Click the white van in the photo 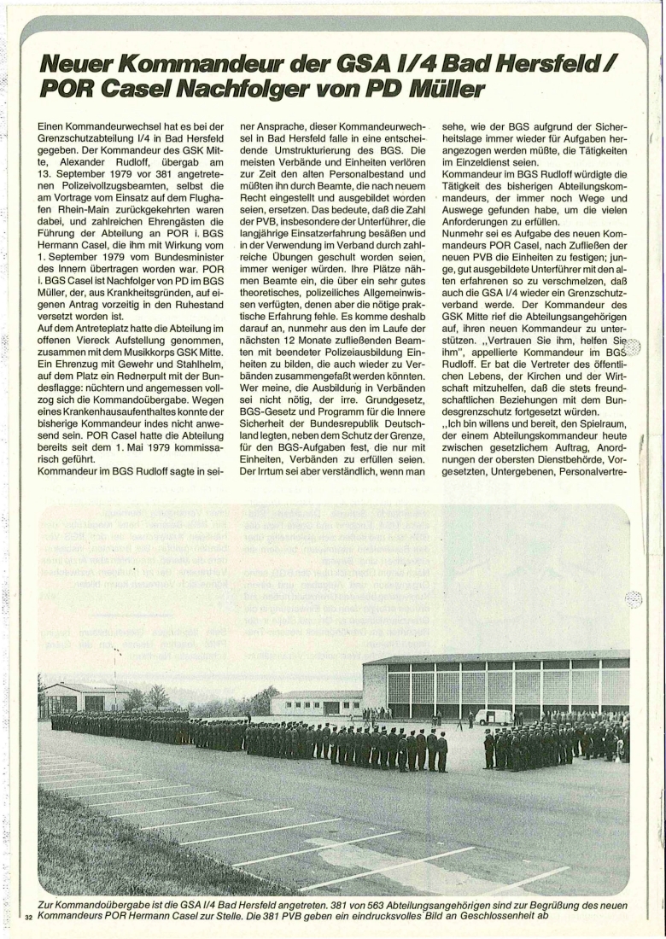point(493,716)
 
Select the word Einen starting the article point(56,126)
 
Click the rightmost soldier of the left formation point(441,751)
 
